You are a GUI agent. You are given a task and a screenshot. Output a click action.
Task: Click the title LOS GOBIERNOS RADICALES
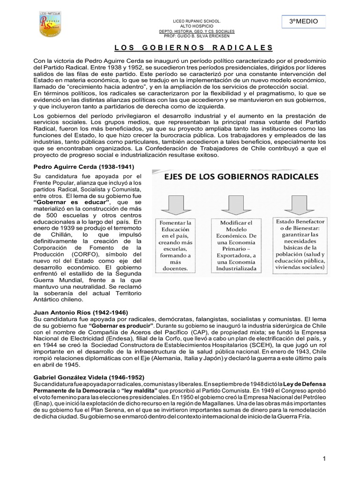[193, 48]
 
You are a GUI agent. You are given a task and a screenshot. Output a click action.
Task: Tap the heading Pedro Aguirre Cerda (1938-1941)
[83, 167]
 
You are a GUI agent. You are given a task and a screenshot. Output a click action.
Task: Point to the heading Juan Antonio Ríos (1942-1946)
[80, 312]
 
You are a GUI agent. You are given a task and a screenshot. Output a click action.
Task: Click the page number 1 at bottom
[324, 458]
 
